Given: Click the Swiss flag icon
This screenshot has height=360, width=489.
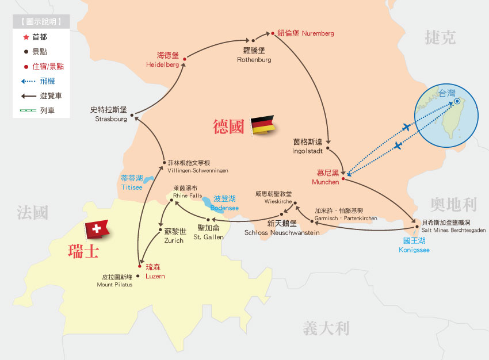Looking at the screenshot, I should [x=97, y=230].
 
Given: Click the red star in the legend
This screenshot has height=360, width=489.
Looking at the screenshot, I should [x=25, y=37].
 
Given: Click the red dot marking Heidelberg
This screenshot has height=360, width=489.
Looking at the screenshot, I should [x=184, y=59].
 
